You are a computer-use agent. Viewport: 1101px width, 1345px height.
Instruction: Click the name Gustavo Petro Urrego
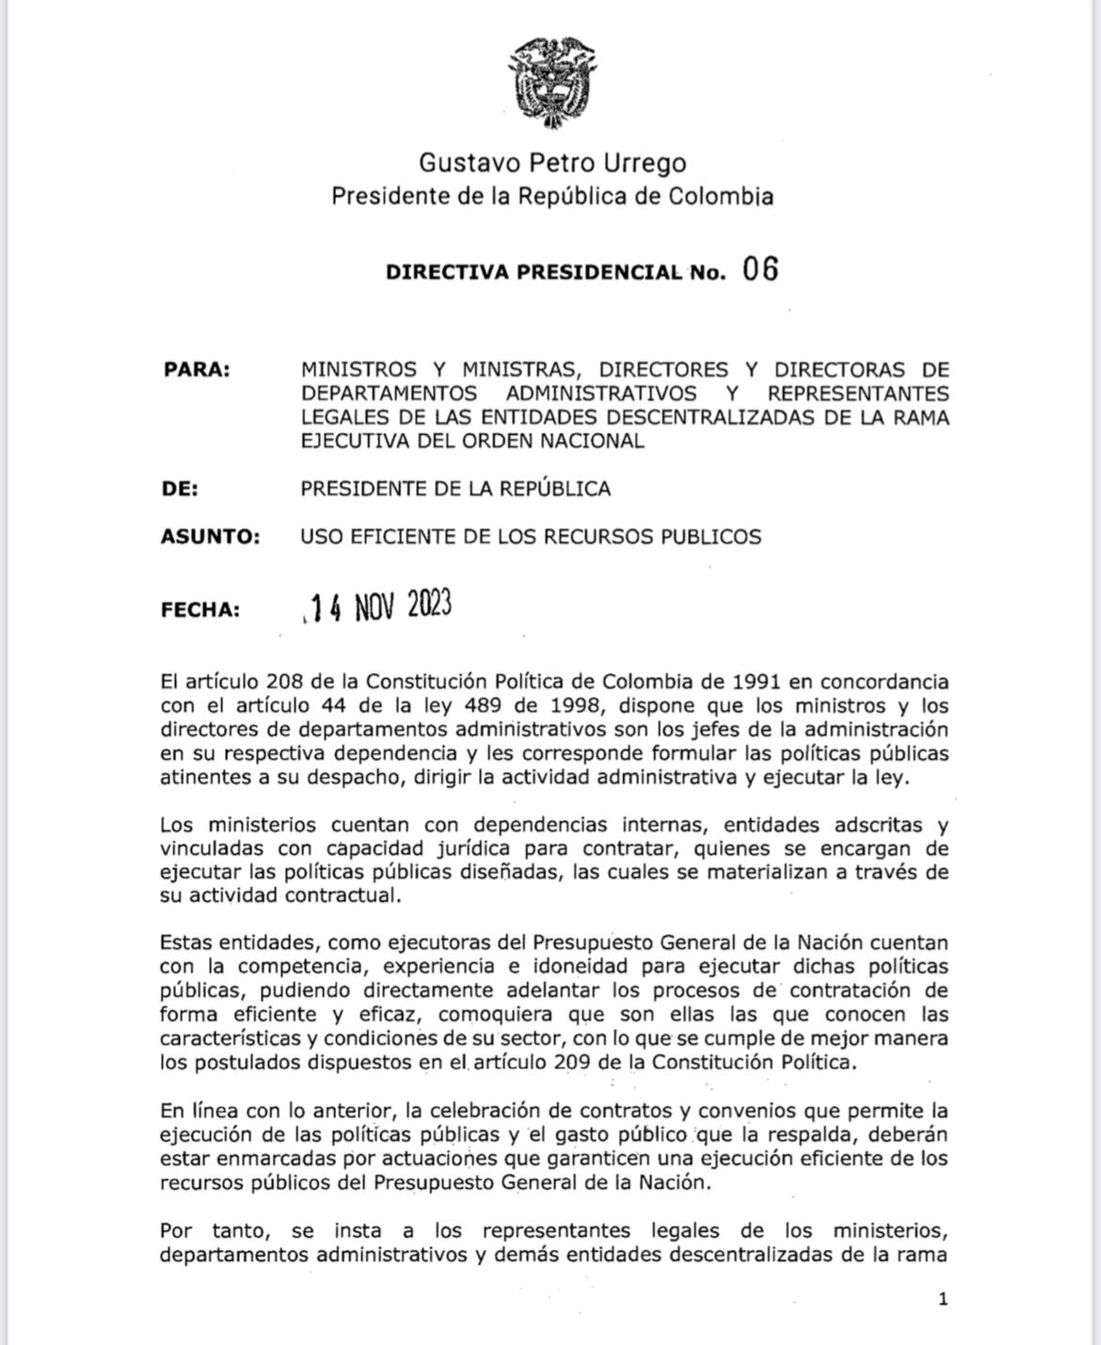tap(552, 164)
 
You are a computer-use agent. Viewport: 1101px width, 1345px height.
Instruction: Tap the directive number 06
tap(760, 270)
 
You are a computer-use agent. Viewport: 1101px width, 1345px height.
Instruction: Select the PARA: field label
tap(197, 370)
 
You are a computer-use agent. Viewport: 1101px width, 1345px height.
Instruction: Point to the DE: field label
tap(180, 489)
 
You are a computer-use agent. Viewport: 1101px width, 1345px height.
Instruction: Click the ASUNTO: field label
tap(210, 537)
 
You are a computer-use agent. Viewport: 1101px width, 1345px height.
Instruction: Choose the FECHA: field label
tap(200, 609)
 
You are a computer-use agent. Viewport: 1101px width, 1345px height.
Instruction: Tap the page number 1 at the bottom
tap(943, 1300)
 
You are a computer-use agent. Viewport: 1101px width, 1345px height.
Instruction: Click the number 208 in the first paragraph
tap(284, 682)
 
